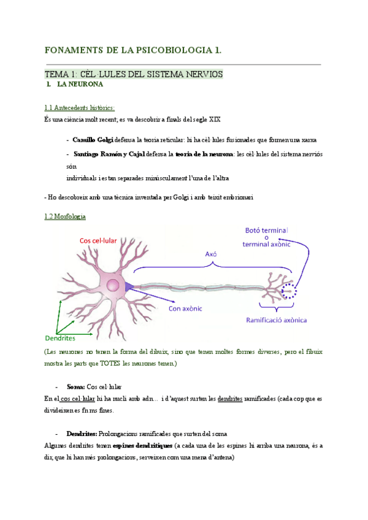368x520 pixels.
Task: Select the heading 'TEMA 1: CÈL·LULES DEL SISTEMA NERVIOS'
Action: coord(134,74)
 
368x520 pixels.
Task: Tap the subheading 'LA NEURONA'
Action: coord(81,84)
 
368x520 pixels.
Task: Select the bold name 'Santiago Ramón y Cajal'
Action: coord(109,154)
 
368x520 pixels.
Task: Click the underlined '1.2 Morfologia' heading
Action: coord(66,217)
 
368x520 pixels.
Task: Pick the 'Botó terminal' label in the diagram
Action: coord(266,231)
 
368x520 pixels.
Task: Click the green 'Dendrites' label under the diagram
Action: coord(61,338)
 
